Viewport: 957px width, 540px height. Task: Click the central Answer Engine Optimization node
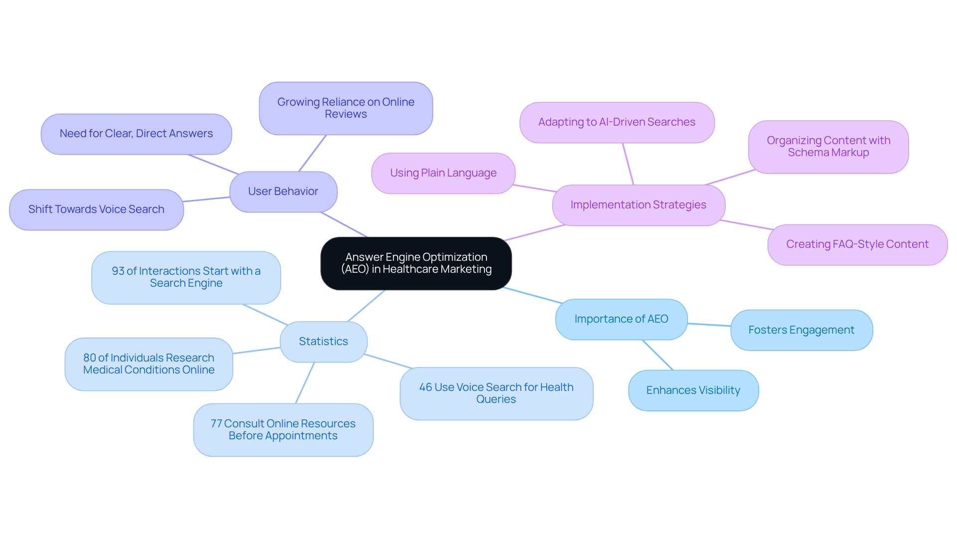click(x=416, y=263)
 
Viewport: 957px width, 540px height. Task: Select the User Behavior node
click(x=283, y=191)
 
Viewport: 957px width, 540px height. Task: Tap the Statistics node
click(x=323, y=342)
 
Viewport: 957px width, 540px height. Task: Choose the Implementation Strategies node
click(x=638, y=205)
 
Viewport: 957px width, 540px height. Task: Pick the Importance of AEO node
click(x=621, y=319)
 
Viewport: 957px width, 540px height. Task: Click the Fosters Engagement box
click(x=801, y=330)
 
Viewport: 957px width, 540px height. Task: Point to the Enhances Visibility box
click(x=693, y=390)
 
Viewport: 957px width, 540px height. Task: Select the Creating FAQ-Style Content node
click(x=857, y=244)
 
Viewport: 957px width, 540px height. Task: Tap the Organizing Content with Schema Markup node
click(x=828, y=147)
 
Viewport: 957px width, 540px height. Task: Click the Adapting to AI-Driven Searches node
click(x=617, y=122)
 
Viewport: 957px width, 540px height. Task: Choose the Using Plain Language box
click(x=443, y=173)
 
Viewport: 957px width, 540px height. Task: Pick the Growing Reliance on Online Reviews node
click(x=345, y=108)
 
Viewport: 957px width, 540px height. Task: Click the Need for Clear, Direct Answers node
click(x=136, y=134)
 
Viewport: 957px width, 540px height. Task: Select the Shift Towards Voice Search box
click(x=96, y=209)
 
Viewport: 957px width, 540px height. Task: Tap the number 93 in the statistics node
click(x=118, y=271)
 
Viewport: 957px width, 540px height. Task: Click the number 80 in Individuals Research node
click(x=90, y=358)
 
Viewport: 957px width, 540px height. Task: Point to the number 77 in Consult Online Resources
click(x=216, y=424)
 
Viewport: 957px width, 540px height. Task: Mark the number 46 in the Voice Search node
click(x=426, y=387)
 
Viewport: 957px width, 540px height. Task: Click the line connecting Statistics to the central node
click(x=366, y=306)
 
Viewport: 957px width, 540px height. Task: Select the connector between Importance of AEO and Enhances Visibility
click(x=658, y=355)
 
